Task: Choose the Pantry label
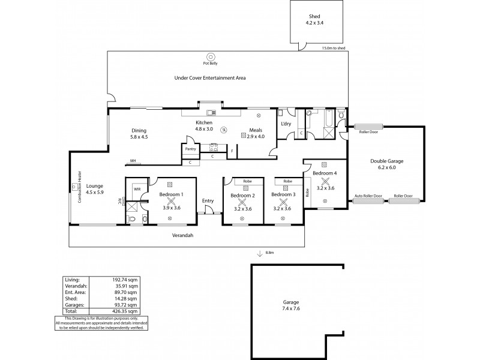[x=191, y=148]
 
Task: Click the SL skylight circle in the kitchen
[x=223, y=130]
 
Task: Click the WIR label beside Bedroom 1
[x=137, y=188]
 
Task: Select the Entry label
[x=208, y=200]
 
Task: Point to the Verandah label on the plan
[x=184, y=236]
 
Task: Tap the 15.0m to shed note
[x=334, y=47]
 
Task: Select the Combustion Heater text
[x=79, y=187]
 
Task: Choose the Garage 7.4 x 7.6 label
[x=290, y=305]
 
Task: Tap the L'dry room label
[x=286, y=124]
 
